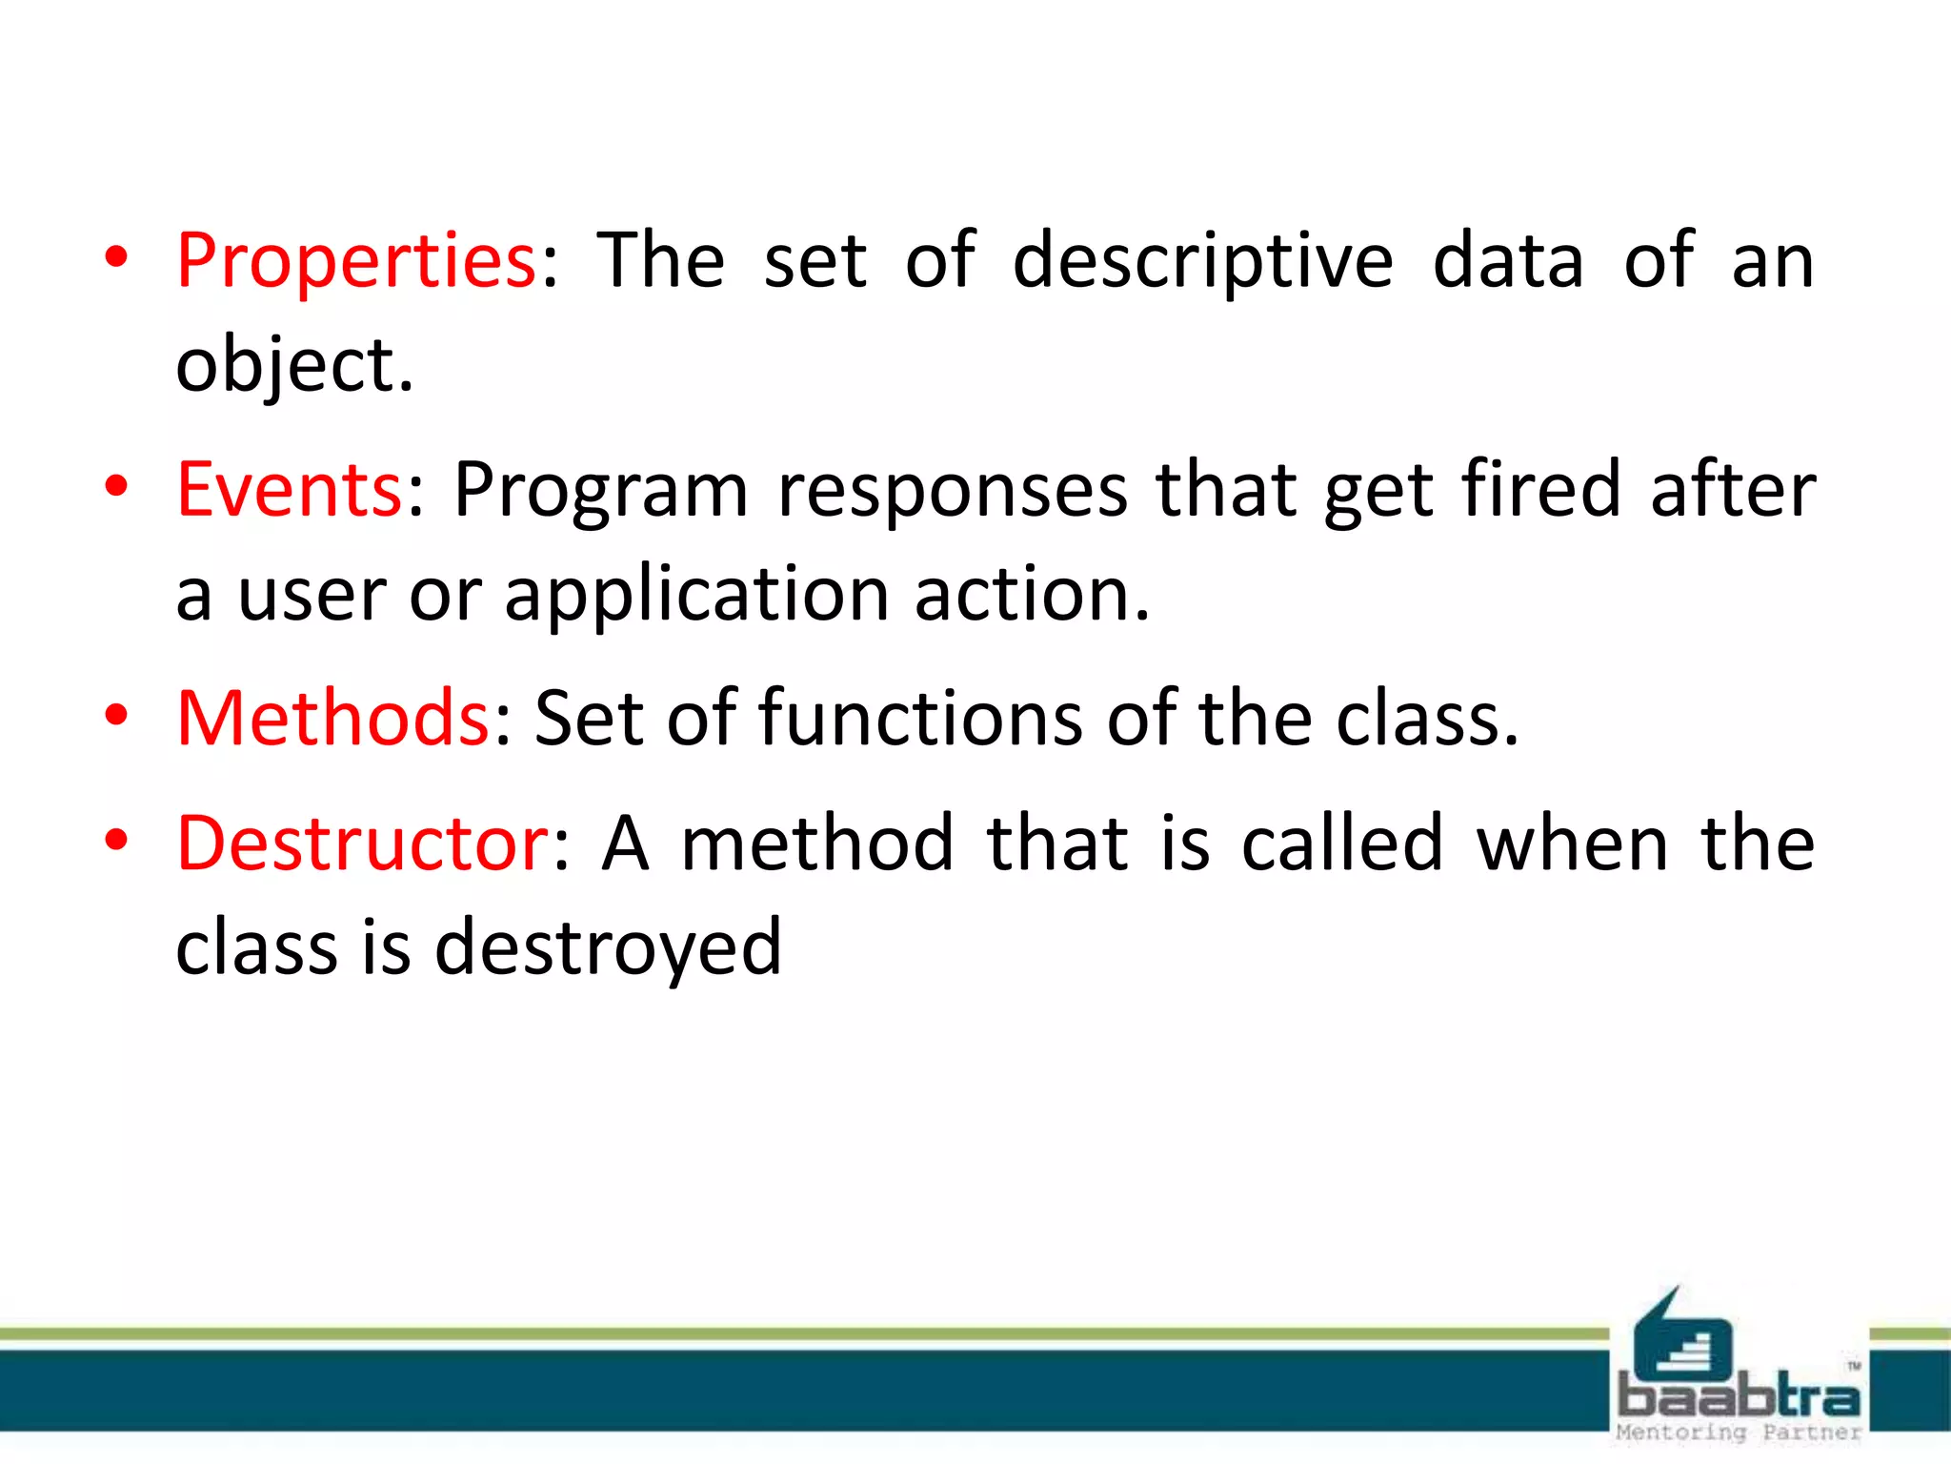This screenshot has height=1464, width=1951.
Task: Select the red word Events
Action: tap(290, 490)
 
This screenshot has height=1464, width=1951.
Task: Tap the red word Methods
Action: tap(333, 718)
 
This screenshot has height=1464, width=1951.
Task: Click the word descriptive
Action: tap(1203, 261)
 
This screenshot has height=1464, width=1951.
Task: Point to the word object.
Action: tap(294, 366)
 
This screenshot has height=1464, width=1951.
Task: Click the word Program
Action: tap(600, 492)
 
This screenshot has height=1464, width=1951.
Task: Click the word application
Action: tap(696, 596)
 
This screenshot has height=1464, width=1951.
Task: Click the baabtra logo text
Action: tap(1739, 1397)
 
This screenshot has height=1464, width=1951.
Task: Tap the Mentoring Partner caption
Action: tap(1739, 1432)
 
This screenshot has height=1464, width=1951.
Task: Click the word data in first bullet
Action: tap(1508, 261)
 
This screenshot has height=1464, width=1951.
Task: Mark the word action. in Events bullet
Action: tap(1033, 596)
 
